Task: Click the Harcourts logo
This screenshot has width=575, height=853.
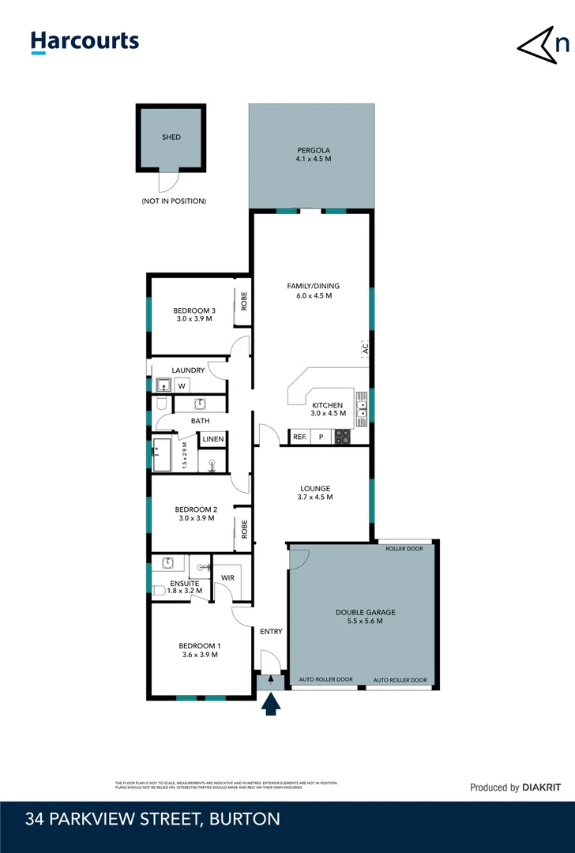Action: [85, 42]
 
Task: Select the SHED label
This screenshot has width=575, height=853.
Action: [171, 137]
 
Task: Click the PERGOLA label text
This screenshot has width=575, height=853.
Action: [314, 150]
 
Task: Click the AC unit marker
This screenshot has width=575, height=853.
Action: [365, 348]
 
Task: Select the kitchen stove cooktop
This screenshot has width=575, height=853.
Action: [343, 437]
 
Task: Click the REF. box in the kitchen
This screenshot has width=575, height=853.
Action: [300, 437]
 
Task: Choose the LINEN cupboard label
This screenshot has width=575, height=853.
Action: [213, 439]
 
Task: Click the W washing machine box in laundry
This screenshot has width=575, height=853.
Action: [182, 386]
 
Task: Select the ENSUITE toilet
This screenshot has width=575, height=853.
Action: [160, 590]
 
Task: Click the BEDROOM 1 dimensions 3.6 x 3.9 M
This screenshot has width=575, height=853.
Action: [198, 655]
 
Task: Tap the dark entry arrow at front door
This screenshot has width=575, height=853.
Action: [271, 703]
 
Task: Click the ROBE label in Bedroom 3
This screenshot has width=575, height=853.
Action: [244, 302]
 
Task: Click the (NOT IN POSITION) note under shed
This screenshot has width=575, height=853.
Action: [173, 201]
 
